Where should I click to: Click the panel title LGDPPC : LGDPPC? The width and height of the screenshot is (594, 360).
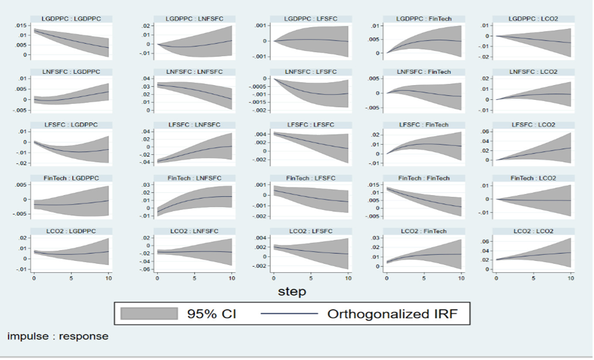pos(71,19)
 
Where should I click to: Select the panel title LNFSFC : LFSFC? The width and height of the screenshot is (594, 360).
pos(311,72)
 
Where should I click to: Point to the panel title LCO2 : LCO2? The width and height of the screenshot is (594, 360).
pos(534,231)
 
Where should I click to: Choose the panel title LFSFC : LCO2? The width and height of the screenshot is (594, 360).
pos(534,125)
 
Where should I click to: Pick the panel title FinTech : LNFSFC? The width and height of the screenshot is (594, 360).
pos(195,178)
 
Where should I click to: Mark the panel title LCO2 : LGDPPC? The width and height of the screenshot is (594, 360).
pos(71,231)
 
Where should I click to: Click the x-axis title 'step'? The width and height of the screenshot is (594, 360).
pos(292,291)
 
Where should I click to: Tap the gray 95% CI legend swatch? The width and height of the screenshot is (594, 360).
pos(149,313)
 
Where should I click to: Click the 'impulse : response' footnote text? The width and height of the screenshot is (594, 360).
pos(58,336)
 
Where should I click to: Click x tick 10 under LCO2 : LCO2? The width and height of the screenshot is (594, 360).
pos(571,278)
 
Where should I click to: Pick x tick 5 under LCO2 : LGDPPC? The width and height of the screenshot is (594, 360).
pos(71,278)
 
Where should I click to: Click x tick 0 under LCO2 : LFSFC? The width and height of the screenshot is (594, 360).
pos(273,278)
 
